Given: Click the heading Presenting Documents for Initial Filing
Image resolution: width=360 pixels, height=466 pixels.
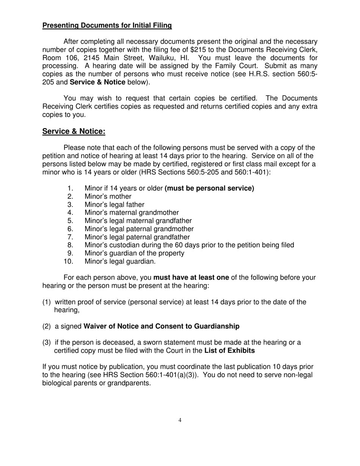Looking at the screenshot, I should (x=107, y=25).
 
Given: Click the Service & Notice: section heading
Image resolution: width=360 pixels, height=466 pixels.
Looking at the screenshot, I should (x=74, y=131).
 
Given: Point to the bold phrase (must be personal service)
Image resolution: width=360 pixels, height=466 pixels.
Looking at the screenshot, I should (x=210, y=188).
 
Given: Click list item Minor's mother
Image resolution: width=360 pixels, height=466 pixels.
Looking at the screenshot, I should (x=108, y=196).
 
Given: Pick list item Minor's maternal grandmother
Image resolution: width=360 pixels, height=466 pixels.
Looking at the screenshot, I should (x=131, y=213).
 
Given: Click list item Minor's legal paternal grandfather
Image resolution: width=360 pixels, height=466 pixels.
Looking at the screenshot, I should (x=137, y=237).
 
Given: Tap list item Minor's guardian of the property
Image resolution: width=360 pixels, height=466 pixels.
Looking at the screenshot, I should (x=135, y=253).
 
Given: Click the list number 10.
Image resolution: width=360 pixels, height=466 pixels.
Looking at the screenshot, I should (x=69, y=261).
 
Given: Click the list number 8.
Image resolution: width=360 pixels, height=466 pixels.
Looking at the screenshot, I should (x=70, y=245).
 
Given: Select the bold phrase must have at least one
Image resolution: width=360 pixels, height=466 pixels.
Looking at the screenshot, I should (x=191, y=278).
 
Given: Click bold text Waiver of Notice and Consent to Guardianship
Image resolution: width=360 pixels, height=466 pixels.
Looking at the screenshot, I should (x=161, y=326).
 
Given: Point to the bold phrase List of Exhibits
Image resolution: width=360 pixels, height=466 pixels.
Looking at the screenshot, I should (x=230, y=350).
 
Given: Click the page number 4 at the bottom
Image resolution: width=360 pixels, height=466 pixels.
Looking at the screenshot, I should (x=180, y=420).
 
